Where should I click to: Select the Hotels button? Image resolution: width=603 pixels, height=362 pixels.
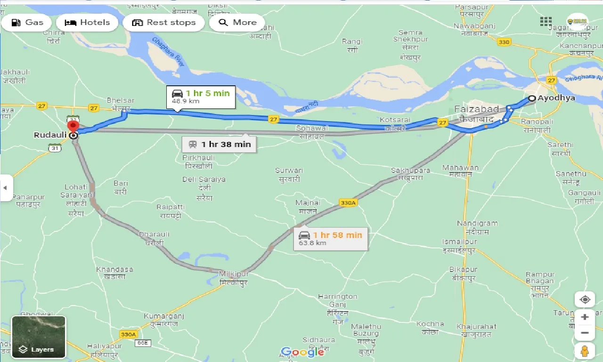tap(87, 22)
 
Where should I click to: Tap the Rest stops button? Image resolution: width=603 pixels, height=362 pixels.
tap(163, 22)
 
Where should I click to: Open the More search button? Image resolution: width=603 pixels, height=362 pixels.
tap(237, 22)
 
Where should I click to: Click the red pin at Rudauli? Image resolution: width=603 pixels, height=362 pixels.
tap(73, 126)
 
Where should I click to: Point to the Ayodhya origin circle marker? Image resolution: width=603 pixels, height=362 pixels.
tap(531, 99)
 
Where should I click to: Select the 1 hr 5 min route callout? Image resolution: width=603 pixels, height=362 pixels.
tap(200, 96)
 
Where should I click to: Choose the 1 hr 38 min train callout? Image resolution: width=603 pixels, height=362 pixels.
tap(219, 144)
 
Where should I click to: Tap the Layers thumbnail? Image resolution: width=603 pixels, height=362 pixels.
tap(39, 337)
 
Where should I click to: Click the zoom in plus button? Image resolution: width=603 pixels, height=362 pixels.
tap(585, 317)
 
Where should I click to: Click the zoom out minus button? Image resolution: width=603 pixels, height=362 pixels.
tap(585, 333)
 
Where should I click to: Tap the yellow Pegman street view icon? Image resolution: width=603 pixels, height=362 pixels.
tap(585, 352)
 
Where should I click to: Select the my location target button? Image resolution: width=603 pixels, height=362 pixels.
tap(585, 300)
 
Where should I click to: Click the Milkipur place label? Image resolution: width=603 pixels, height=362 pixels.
tap(234, 278)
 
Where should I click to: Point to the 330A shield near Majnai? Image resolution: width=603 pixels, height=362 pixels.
tap(348, 203)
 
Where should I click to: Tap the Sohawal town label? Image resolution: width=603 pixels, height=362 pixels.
tap(311, 132)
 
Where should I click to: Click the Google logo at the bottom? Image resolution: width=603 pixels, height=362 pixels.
tap(302, 352)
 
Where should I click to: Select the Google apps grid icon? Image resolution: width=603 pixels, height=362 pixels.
tap(546, 21)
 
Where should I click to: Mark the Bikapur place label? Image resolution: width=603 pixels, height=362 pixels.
tap(463, 273)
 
